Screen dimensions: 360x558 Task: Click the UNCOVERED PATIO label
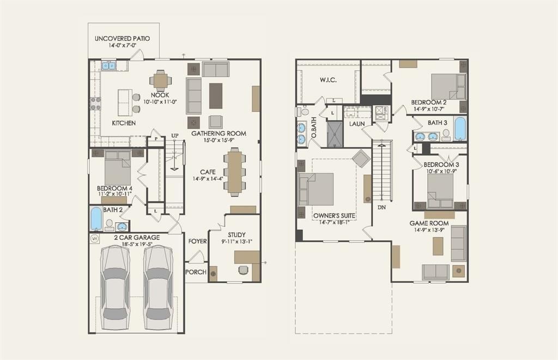(x=122, y=39)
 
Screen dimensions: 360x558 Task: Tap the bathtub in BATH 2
(x=96, y=219)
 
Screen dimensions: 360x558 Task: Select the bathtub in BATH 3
(x=460, y=129)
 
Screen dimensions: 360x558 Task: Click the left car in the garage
(x=116, y=287)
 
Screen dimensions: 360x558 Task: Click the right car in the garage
(x=158, y=287)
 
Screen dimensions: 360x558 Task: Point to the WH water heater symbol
(x=95, y=239)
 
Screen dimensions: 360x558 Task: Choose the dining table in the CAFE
(x=235, y=172)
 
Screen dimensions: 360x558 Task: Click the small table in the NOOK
(x=160, y=81)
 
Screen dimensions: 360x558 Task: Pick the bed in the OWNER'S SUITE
(x=316, y=188)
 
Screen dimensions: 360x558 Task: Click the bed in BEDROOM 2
(x=448, y=86)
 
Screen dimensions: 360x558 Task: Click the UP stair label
(x=174, y=135)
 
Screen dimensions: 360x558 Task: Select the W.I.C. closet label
(x=327, y=81)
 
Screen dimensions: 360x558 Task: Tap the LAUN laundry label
(x=357, y=124)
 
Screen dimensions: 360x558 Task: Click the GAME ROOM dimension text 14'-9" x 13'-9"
(x=429, y=230)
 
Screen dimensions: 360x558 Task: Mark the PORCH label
(x=195, y=272)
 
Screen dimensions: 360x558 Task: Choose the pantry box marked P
(x=156, y=139)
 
